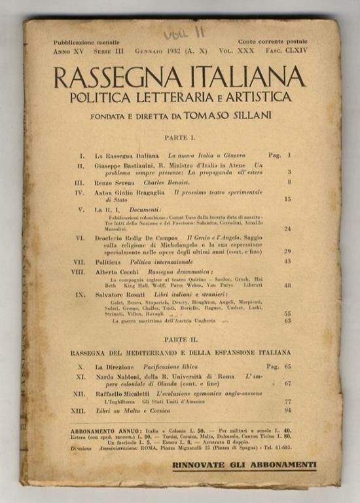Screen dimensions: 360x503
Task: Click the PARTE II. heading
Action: [179, 341]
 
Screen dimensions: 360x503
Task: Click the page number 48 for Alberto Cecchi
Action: [287, 285]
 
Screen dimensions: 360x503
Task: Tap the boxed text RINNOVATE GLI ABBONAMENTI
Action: [243, 466]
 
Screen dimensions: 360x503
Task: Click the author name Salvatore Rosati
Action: [122, 295]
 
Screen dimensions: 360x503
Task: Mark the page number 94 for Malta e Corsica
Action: [287, 410]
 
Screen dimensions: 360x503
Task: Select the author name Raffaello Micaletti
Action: [124, 393]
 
